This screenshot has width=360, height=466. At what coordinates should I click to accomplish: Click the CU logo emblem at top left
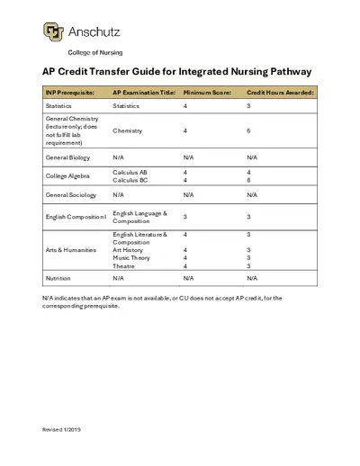[x=53, y=32]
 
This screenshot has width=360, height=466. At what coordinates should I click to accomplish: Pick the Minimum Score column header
[x=207, y=93]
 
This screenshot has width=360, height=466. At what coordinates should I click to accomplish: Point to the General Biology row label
[x=67, y=157]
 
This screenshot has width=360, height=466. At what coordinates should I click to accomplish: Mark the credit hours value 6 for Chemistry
[x=248, y=130]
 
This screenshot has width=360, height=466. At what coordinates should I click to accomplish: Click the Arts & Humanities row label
[x=68, y=249]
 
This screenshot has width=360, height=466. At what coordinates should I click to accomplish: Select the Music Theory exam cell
[x=131, y=257]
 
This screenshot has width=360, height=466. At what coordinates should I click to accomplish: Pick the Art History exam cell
[x=129, y=249]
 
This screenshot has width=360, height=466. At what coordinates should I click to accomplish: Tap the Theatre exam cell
[x=124, y=266]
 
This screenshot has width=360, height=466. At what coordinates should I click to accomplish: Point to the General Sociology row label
[x=70, y=194]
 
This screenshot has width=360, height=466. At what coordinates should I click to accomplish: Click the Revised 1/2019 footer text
[x=62, y=430]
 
